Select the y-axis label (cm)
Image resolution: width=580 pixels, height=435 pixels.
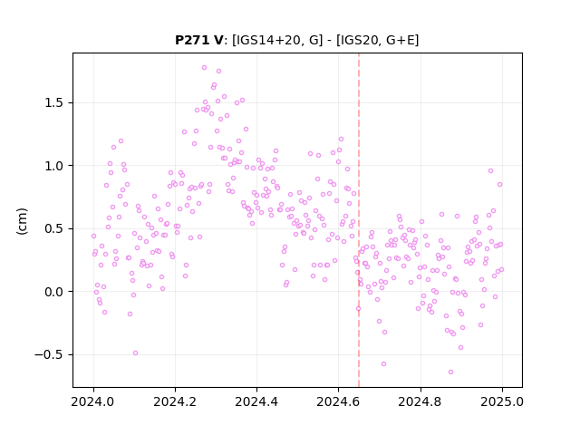tap(22, 221)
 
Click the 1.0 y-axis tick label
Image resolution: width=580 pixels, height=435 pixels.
tap(54, 166)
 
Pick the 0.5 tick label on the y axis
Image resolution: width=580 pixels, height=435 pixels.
tap(54, 228)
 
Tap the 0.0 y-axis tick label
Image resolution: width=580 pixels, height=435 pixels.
tap(54, 292)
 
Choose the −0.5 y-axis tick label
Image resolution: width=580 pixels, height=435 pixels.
tap(49, 354)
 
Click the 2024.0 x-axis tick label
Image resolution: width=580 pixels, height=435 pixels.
tap(93, 401)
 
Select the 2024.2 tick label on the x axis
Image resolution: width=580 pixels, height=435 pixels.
tap(175, 401)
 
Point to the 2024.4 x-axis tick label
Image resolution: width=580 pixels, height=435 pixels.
tap(256, 401)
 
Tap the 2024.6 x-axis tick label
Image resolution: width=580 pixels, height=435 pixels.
tap(338, 401)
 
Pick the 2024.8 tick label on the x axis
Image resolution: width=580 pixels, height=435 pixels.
tap(420, 401)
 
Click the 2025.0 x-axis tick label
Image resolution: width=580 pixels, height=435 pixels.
tap(502, 401)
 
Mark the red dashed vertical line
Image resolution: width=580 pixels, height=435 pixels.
tap(359, 220)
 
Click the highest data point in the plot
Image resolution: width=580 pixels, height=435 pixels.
tap(204, 68)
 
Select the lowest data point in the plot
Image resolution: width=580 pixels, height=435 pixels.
tap(450, 372)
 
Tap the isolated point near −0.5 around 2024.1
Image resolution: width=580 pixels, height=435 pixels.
tap(135, 353)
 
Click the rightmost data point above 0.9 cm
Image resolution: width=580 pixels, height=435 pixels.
tap(490, 171)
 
